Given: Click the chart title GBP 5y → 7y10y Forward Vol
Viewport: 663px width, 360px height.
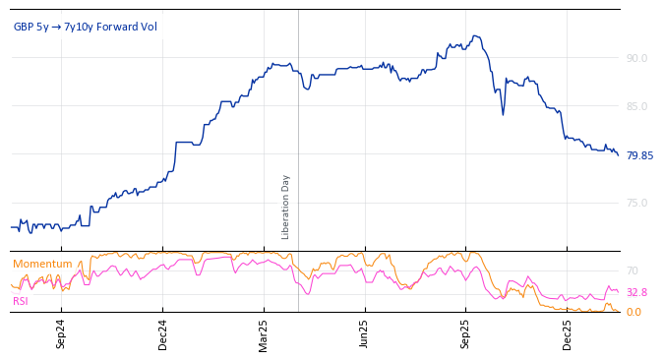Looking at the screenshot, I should tap(85, 27).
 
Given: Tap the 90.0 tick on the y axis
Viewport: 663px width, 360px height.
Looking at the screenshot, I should tap(636, 58).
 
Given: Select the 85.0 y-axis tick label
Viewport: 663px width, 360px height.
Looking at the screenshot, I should tap(636, 106).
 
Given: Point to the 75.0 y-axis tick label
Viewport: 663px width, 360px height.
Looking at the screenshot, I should tap(636, 203).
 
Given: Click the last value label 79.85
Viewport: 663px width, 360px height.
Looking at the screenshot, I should tap(639, 155).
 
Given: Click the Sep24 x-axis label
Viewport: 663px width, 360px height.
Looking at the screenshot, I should tap(61, 333).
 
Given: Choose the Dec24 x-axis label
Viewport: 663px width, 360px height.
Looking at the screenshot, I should tap(163, 333).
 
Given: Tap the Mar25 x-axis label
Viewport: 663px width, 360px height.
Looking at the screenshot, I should tap(264, 333).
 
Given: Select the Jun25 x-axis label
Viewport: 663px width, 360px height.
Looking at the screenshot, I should tap(365, 333).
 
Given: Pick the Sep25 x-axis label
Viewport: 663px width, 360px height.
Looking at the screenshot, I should tap(466, 333).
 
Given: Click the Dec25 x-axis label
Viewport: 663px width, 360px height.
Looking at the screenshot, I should tap(568, 333).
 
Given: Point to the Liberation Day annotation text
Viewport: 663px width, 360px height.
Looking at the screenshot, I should tap(286, 207).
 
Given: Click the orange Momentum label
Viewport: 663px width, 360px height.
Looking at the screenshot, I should tap(42, 264).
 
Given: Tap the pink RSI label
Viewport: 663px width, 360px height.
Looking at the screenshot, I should tap(21, 301).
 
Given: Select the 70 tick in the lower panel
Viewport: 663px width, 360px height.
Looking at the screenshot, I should tap(633, 270).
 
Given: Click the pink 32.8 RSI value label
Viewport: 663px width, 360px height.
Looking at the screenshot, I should tap(636, 292).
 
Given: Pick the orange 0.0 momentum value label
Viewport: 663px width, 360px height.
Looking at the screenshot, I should tap(633, 312).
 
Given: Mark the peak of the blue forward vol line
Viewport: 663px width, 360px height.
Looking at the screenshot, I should tap(475, 36).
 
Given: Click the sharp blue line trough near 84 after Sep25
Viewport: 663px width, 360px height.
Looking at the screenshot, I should tap(503, 114).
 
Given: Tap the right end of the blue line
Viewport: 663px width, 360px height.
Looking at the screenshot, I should tap(619, 155).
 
